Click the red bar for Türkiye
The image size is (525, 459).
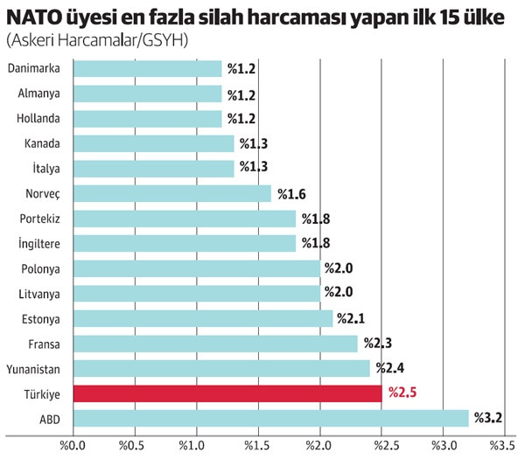(x=227, y=393)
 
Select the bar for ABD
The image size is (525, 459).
(x=271, y=418)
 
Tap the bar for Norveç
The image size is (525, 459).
(x=172, y=193)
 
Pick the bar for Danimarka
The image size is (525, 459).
(x=148, y=68)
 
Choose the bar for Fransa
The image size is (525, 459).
(x=216, y=344)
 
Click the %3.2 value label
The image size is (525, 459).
(x=486, y=419)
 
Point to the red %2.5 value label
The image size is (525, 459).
(x=402, y=393)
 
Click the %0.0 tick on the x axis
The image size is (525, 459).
(x=73, y=445)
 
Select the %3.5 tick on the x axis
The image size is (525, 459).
(x=504, y=445)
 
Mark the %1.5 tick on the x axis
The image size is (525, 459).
(x=258, y=445)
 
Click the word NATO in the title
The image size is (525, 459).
(x=32, y=17)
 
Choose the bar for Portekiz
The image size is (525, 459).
(x=185, y=219)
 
